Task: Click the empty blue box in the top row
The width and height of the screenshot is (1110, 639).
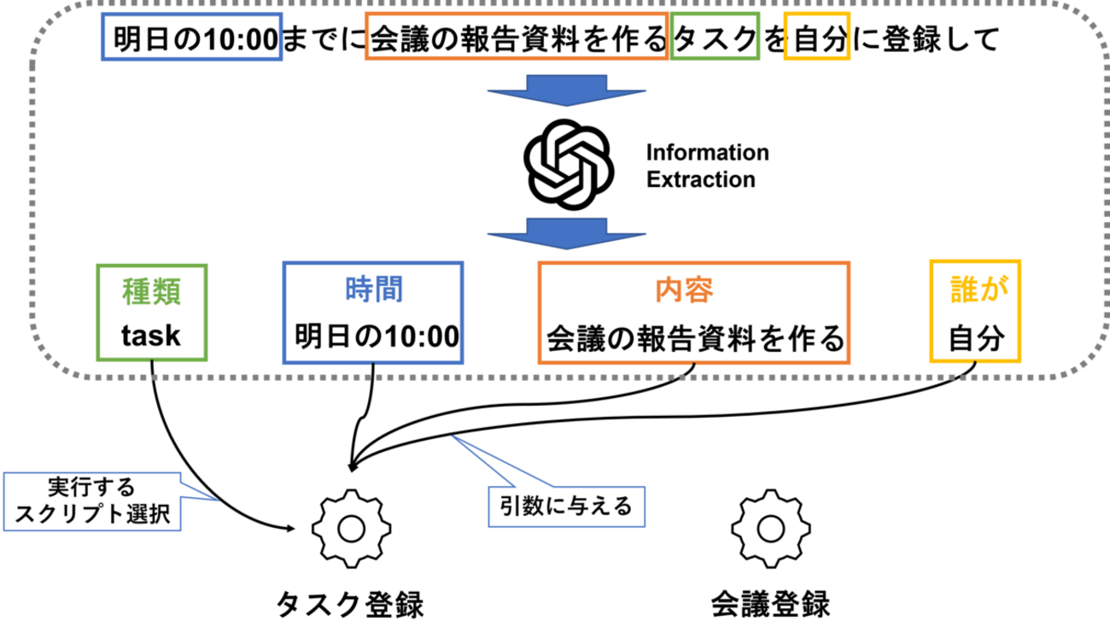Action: [191, 36]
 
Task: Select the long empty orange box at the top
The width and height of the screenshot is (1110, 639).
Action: [516, 36]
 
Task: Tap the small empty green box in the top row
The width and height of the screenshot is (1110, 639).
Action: [715, 36]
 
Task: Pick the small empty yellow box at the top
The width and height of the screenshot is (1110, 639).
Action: [816, 36]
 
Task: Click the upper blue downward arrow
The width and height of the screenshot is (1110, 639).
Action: [566, 90]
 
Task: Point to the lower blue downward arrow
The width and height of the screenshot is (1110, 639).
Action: [566, 233]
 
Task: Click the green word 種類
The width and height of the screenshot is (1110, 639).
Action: [151, 291]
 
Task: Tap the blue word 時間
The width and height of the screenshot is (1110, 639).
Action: [374, 290]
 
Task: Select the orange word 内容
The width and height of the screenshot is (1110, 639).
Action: [684, 290]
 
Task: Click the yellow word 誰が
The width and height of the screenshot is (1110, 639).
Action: [978, 290]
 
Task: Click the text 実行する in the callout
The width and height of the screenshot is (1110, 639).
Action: [91, 488]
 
